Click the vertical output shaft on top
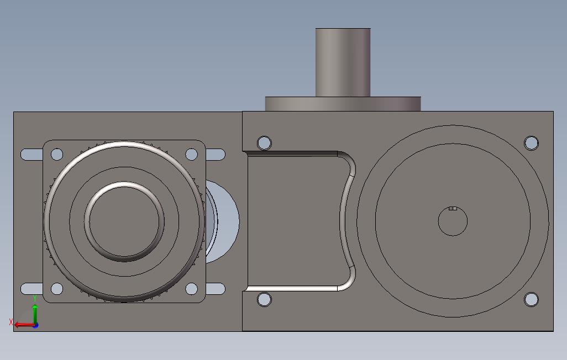pyautogui.click(x=343, y=62)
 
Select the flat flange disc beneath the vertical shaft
pyautogui.click(x=343, y=104)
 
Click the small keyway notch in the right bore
pyautogui.click(x=453, y=209)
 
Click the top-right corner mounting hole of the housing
pyautogui.click(x=531, y=143)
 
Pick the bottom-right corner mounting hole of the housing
pyautogui.click(x=531, y=300)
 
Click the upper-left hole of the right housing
pyautogui.click(x=264, y=143)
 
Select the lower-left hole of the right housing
pyautogui.click(x=264, y=300)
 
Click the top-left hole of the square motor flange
pyautogui.click(x=57, y=154)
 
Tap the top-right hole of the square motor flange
pyautogui.click(x=191, y=154)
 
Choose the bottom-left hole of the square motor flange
pyautogui.click(x=57, y=289)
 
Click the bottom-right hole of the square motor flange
pyautogui.click(x=191, y=289)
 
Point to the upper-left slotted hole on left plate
pyautogui.click(x=31, y=155)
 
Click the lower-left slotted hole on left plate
pyautogui.click(x=31, y=289)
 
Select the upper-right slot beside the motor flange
pyautogui.click(x=216, y=155)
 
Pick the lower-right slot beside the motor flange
pyautogui.click(x=216, y=289)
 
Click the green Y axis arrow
pyautogui.click(x=35, y=313)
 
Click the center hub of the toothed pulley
pyautogui.click(x=124, y=221)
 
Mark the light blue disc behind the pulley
pyautogui.click(x=227, y=221)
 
